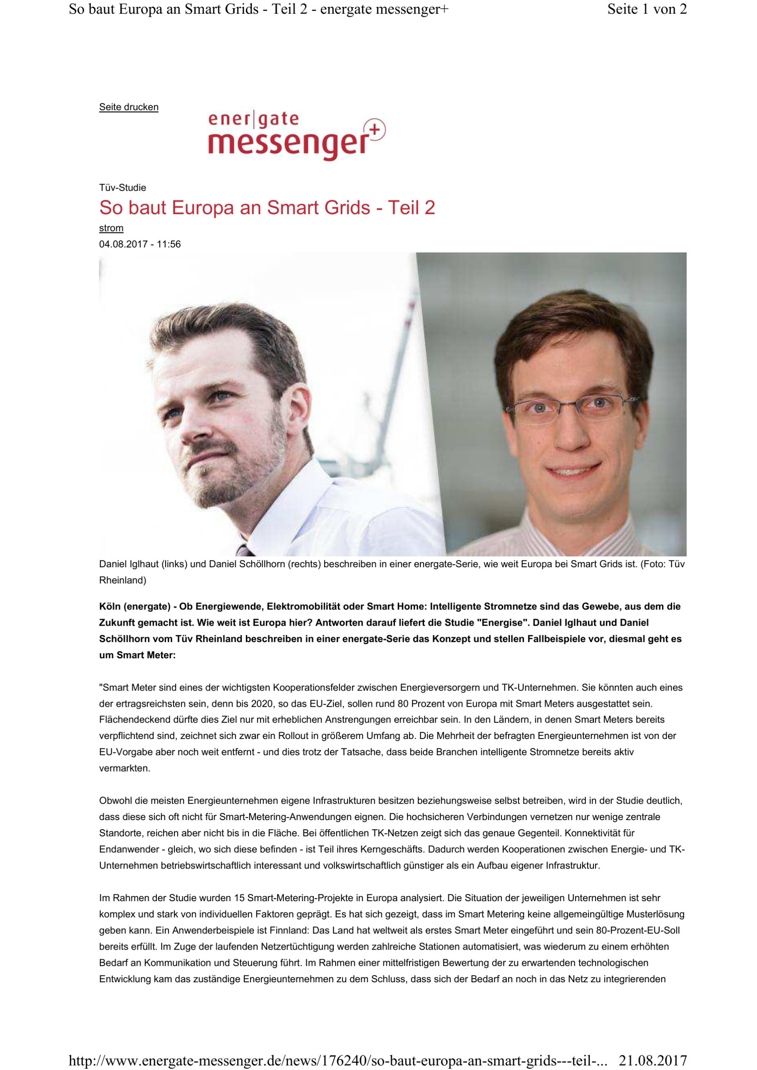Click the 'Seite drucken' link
[x=129, y=107]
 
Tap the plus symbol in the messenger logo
[x=376, y=129]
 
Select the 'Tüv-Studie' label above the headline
[x=123, y=188]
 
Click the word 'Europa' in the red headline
[x=203, y=208]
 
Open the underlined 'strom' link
[x=111, y=228]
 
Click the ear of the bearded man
[x=298, y=405]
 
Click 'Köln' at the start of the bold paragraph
[x=110, y=607]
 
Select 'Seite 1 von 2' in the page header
[x=647, y=9]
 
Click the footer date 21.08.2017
[x=652, y=1061]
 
